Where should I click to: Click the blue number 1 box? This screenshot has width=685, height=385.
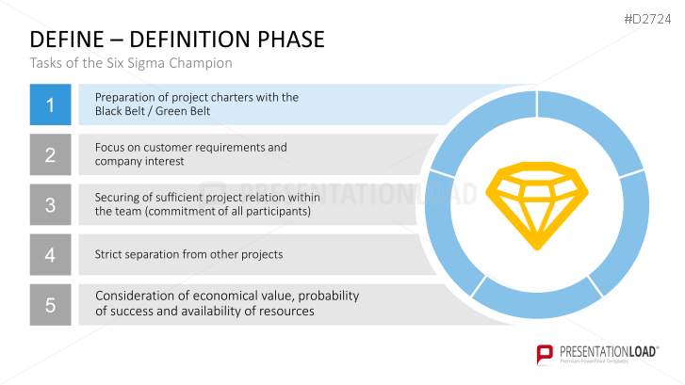50,104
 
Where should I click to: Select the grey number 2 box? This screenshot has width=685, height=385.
50,154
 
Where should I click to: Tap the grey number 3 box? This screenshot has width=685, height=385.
50,204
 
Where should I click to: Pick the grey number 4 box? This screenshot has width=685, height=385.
50,254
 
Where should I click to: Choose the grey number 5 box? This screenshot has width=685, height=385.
50,304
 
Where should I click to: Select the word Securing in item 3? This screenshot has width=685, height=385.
119,197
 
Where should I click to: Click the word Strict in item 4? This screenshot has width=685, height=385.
110,254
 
